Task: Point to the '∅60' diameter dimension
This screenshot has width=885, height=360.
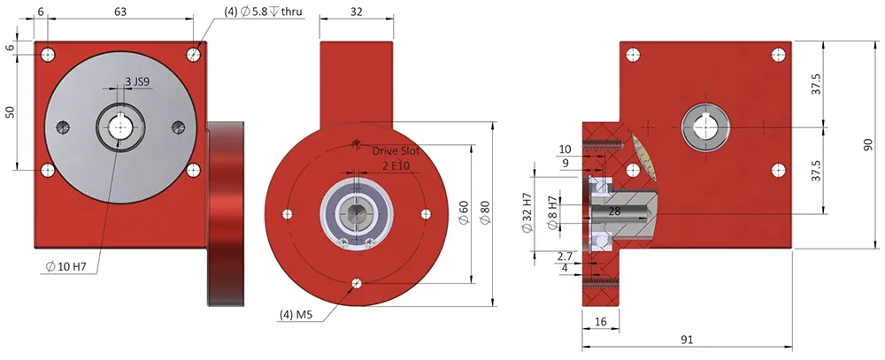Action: (x=463, y=212)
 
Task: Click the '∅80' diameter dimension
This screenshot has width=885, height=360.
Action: (x=484, y=212)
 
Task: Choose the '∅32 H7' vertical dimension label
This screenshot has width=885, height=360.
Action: (x=528, y=212)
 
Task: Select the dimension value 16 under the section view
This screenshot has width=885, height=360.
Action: (x=600, y=324)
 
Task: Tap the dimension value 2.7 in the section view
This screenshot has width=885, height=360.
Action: (x=566, y=255)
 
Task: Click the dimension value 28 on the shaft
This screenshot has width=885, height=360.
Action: (x=613, y=212)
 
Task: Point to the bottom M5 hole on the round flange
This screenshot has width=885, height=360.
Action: (x=356, y=283)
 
